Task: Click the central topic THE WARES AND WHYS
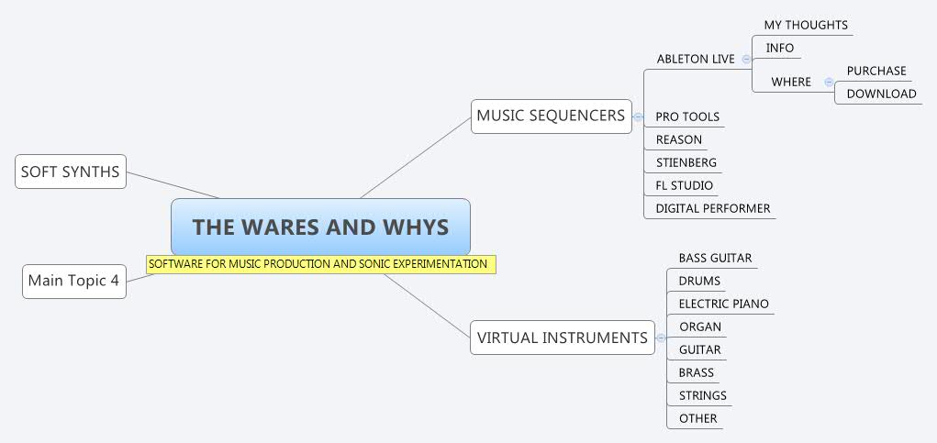(320, 227)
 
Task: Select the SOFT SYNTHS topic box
(71, 172)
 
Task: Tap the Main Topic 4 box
(73, 281)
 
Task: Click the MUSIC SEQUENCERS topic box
(551, 116)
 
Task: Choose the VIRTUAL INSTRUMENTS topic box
(562, 338)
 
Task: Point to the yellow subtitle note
(319, 264)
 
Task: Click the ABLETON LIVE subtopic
(695, 59)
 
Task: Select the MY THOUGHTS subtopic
(805, 25)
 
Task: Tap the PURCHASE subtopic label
(876, 71)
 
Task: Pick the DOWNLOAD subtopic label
(880, 94)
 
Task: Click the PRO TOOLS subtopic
(686, 116)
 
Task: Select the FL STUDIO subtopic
(684, 185)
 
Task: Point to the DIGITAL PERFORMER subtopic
(712, 208)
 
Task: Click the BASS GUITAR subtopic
(714, 258)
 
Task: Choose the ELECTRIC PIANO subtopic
(723, 304)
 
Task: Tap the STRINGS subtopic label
(702, 395)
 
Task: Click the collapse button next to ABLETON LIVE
(746, 59)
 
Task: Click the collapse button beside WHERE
(829, 82)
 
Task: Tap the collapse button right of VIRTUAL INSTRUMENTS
(661, 338)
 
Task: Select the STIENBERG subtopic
(686, 162)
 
